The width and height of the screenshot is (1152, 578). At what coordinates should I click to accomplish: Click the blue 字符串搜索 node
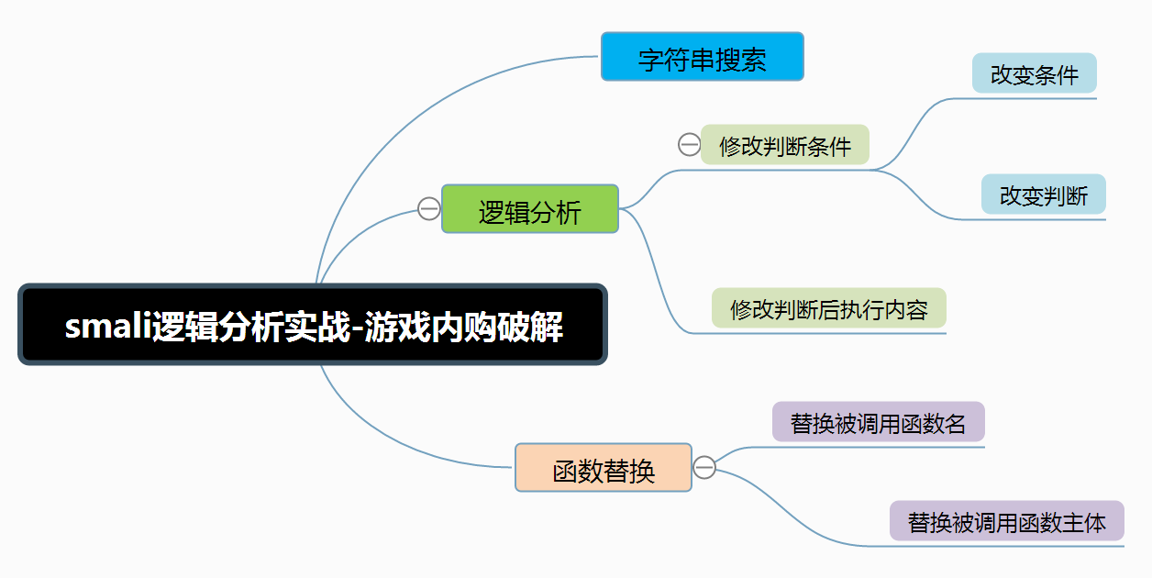[702, 57]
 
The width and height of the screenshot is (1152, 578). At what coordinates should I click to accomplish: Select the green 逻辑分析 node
[530, 209]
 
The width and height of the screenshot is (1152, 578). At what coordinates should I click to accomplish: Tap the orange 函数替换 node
[603, 468]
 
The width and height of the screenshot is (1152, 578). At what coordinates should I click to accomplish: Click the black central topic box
[313, 325]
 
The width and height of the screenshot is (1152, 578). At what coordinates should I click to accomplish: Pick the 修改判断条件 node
[784, 145]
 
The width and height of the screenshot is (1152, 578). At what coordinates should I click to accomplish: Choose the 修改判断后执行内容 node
[828, 308]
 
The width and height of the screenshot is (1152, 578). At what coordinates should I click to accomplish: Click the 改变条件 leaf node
[1034, 73]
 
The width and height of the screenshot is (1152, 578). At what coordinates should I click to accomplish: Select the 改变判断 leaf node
[1043, 195]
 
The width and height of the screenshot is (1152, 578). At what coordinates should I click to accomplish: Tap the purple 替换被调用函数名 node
[878, 422]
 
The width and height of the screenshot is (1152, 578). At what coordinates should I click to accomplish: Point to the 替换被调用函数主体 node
[1006, 521]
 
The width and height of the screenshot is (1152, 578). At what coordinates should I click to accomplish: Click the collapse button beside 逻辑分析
[428, 209]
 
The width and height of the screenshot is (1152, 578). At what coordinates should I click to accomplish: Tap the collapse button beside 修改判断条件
[689, 144]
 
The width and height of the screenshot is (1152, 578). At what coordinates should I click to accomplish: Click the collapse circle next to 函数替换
[704, 468]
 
